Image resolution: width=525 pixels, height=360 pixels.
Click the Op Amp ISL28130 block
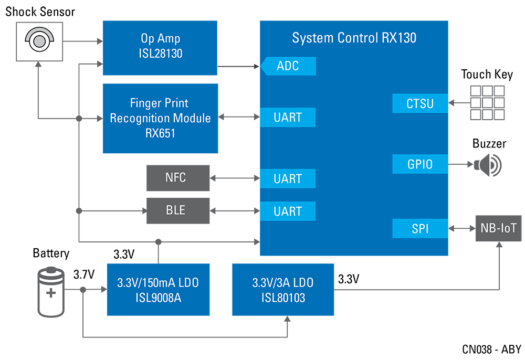(x=160, y=47)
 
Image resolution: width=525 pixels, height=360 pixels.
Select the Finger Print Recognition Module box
(x=160, y=118)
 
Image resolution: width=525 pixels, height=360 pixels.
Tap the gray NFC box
(x=177, y=178)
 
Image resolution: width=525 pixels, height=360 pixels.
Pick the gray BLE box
(x=177, y=210)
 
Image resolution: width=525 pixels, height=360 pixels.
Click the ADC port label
(x=288, y=66)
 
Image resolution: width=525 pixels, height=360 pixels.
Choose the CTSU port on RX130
(x=420, y=103)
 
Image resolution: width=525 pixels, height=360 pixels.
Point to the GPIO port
(x=420, y=164)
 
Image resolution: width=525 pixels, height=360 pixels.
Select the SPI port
(x=420, y=229)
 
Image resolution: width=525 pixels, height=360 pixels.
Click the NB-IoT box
(x=498, y=228)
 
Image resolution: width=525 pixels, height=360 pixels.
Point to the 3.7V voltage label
(x=83, y=274)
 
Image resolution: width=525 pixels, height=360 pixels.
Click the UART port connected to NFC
(x=288, y=179)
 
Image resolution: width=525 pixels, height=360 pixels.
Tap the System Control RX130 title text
(x=354, y=38)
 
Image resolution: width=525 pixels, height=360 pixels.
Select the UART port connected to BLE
(x=288, y=211)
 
